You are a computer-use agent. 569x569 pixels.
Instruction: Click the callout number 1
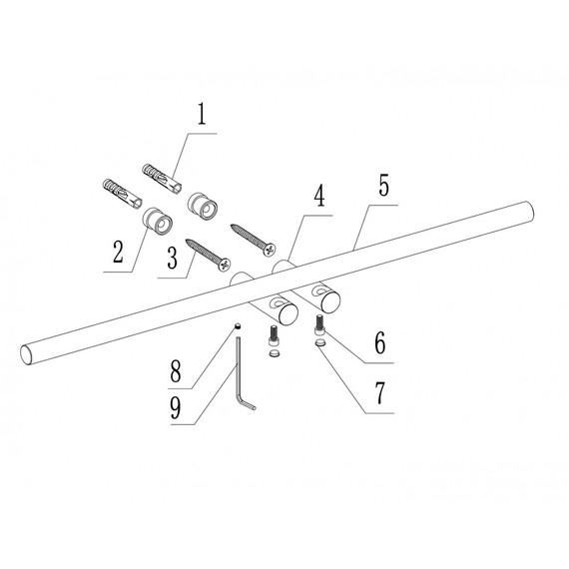click(202, 114)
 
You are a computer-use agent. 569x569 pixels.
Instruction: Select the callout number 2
click(118, 252)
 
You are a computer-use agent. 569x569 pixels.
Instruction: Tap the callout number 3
click(173, 258)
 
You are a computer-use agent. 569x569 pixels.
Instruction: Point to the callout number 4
click(319, 197)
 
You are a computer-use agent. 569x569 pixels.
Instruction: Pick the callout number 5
click(383, 185)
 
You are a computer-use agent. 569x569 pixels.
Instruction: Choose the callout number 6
click(380, 343)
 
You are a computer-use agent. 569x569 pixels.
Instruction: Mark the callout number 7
click(380, 393)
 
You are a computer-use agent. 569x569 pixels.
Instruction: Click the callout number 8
click(176, 371)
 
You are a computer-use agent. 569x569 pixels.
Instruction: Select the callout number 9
click(176, 407)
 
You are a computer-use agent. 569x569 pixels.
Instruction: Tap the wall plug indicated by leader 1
click(162, 179)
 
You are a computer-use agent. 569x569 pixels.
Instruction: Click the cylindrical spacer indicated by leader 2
click(157, 222)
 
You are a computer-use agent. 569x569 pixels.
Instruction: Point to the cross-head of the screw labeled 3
click(225, 265)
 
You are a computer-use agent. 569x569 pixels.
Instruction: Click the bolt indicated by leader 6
click(320, 324)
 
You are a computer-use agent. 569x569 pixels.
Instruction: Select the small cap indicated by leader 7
click(320, 342)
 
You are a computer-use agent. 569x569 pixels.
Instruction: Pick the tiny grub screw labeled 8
click(239, 326)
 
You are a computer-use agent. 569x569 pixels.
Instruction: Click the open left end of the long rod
click(26, 354)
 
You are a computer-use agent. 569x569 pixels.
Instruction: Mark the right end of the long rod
click(529, 212)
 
